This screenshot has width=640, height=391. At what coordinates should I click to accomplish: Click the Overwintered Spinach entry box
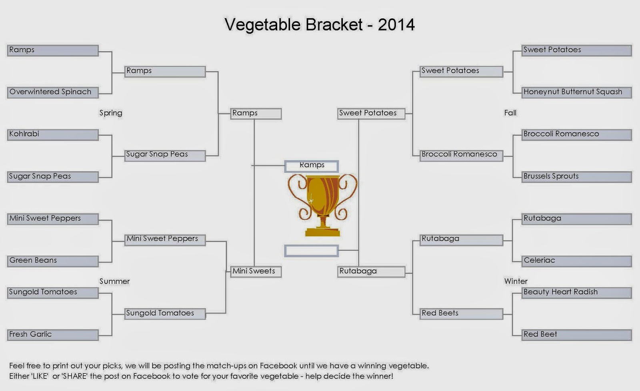click(53, 92)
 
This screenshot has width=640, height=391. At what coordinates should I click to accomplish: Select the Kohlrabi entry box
click(53, 134)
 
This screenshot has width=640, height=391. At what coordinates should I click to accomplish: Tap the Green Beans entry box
click(53, 261)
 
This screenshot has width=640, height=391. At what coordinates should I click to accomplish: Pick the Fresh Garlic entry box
click(53, 335)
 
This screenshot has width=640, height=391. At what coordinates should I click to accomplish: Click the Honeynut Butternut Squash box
click(576, 92)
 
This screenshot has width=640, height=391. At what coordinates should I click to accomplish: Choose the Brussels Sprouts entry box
click(576, 177)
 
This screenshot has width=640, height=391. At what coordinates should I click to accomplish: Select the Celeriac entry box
click(576, 261)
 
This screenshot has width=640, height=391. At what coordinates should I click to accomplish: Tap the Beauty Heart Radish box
click(576, 293)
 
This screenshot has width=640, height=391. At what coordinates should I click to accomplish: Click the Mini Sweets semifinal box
click(256, 272)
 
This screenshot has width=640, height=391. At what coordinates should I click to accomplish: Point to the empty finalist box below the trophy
click(312, 251)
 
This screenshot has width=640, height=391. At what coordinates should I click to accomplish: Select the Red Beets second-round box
click(462, 314)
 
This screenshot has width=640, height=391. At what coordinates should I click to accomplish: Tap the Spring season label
click(111, 113)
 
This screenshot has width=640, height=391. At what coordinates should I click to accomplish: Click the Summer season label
click(114, 281)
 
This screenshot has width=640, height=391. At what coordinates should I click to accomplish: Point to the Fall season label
click(510, 113)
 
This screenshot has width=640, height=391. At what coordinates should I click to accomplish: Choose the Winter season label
click(516, 281)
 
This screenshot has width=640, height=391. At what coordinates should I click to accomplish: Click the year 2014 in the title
click(396, 25)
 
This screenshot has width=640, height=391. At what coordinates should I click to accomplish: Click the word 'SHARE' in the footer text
click(74, 376)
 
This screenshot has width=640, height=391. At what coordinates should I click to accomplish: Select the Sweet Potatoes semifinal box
click(372, 114)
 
